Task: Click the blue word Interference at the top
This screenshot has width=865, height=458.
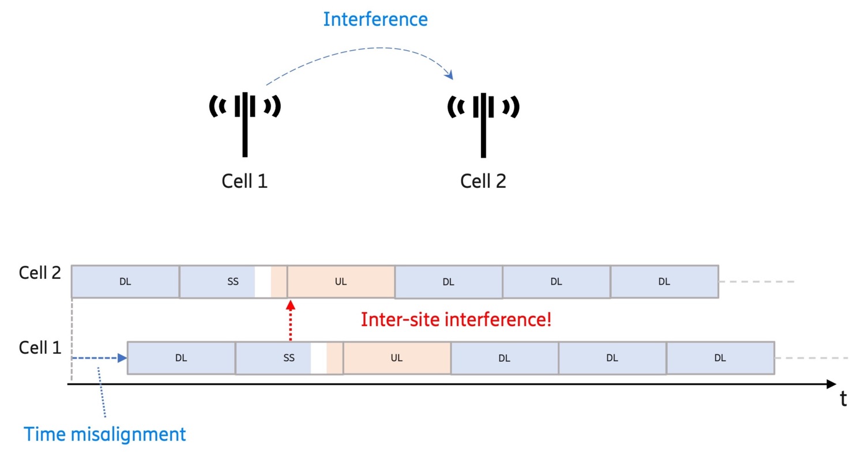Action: (375, 20)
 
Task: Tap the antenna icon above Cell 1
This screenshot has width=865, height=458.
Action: (245, 121)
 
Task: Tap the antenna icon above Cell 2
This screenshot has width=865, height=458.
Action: (483, 121)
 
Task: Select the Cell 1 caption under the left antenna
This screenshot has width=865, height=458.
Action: (245, 181)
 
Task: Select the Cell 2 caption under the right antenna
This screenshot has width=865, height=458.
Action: (483, 181)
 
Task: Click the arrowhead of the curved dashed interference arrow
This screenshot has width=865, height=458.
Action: (449, 75)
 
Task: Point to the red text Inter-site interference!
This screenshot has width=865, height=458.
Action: (456, 319)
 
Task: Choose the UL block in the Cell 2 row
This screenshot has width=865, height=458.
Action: (341, 282)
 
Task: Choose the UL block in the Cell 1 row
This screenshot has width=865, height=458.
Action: (397, 358)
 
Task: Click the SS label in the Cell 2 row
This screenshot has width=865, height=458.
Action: (233, 282)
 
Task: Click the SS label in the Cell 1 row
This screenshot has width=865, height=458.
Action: (289, 358)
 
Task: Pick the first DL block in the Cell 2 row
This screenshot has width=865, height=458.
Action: (125, 282)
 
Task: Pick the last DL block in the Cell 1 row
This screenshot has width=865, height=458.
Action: (720, 358)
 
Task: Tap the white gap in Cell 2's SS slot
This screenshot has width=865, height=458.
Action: (263, 282)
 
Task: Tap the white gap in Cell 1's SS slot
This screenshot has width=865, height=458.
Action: (318, 358)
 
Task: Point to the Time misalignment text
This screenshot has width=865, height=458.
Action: (105, 434)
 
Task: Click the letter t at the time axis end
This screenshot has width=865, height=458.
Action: (843, 399)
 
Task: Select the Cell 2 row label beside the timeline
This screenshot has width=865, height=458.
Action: (39, 272)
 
